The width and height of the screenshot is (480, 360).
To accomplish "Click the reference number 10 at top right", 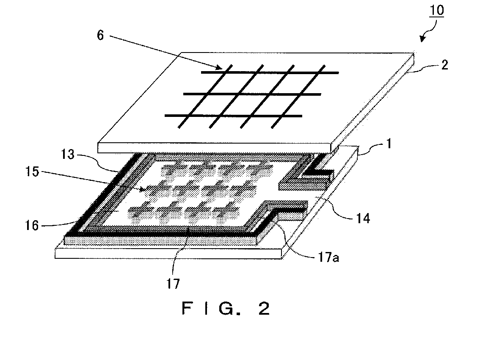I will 438,10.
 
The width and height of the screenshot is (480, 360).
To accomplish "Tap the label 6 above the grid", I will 100,36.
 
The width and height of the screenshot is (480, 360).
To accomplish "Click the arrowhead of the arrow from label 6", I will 219,66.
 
